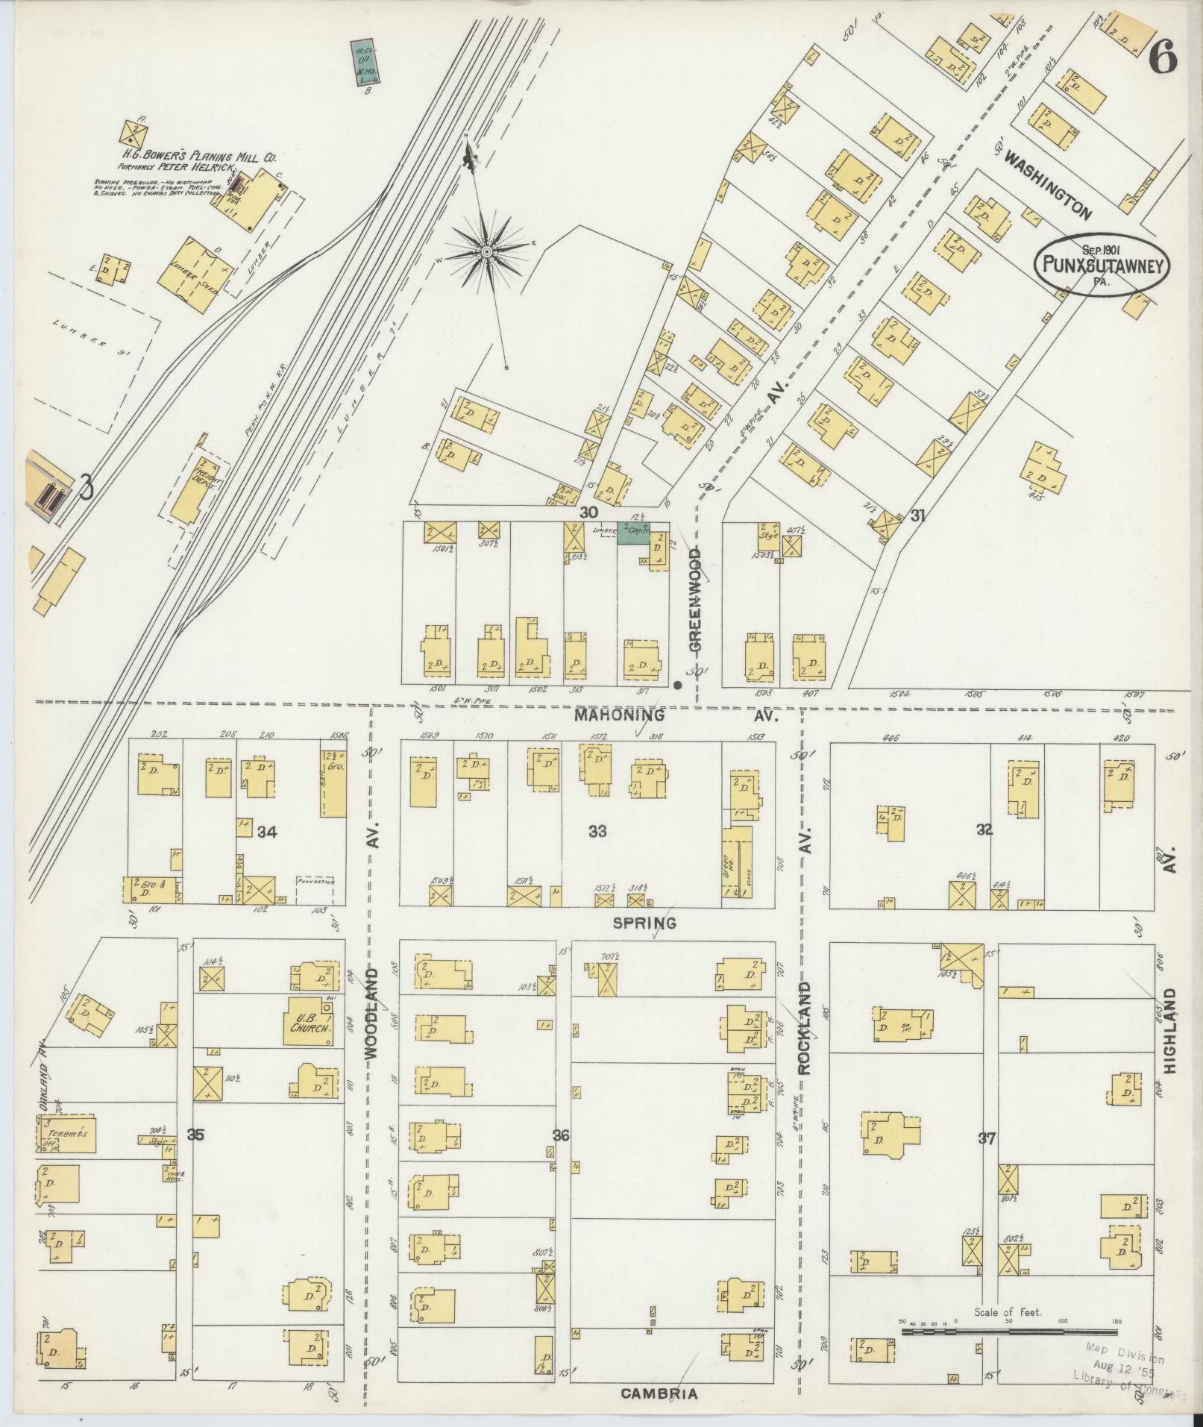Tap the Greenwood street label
[695, 600]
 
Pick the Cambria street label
[659, 1393]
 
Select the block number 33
[597, 831]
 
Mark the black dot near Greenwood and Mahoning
[677, 684]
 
